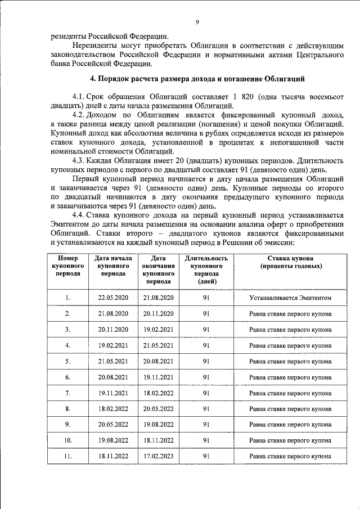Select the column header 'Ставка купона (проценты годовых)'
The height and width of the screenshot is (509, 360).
[290, 262]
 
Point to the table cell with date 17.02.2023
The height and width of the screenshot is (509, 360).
[158, 456]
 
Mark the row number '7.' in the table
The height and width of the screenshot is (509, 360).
[67, 393]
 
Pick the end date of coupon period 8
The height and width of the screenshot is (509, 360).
[158, 409]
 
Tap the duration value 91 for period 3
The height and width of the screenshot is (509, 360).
[206, 330]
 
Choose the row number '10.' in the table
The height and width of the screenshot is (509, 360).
[67, 440]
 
